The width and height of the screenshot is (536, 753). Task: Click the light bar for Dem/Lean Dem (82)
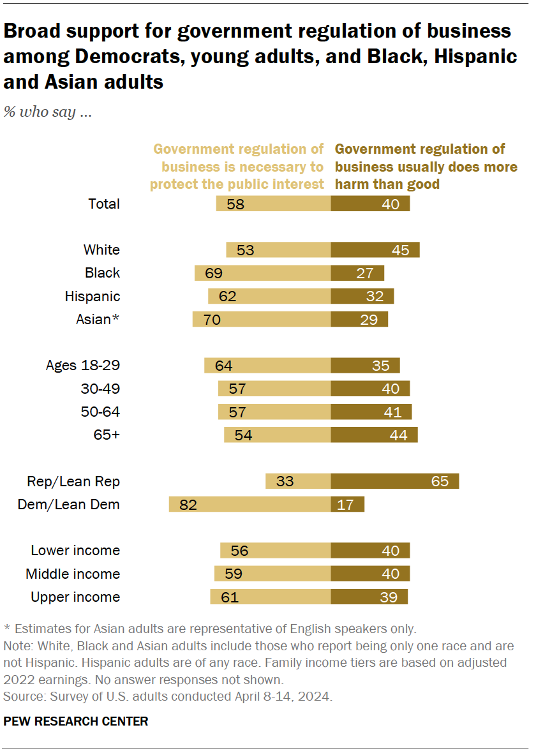pos(249,504)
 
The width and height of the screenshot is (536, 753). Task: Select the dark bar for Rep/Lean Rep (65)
pos(394,481)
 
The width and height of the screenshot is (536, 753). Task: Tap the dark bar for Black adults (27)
pos(357,273)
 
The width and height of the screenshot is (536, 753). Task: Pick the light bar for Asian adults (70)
pos(262,319)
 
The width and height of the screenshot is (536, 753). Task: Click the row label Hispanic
pos(92,296)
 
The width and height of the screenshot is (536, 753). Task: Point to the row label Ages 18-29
pos(83,366)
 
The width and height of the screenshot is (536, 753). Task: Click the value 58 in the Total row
pos(235,204)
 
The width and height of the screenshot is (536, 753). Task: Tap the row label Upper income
pos(75,597)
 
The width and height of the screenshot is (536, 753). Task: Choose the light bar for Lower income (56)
pos(275,551)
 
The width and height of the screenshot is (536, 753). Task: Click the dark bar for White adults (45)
pos(375,250)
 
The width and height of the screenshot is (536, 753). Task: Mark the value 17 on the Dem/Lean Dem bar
pos(345,504)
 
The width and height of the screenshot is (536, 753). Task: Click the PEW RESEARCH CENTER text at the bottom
pos(76,722)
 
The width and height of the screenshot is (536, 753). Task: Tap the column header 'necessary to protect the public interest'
pos(237,167)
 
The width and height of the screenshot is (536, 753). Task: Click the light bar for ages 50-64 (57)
pos(274,412)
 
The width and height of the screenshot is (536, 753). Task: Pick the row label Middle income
pos(73,574)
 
